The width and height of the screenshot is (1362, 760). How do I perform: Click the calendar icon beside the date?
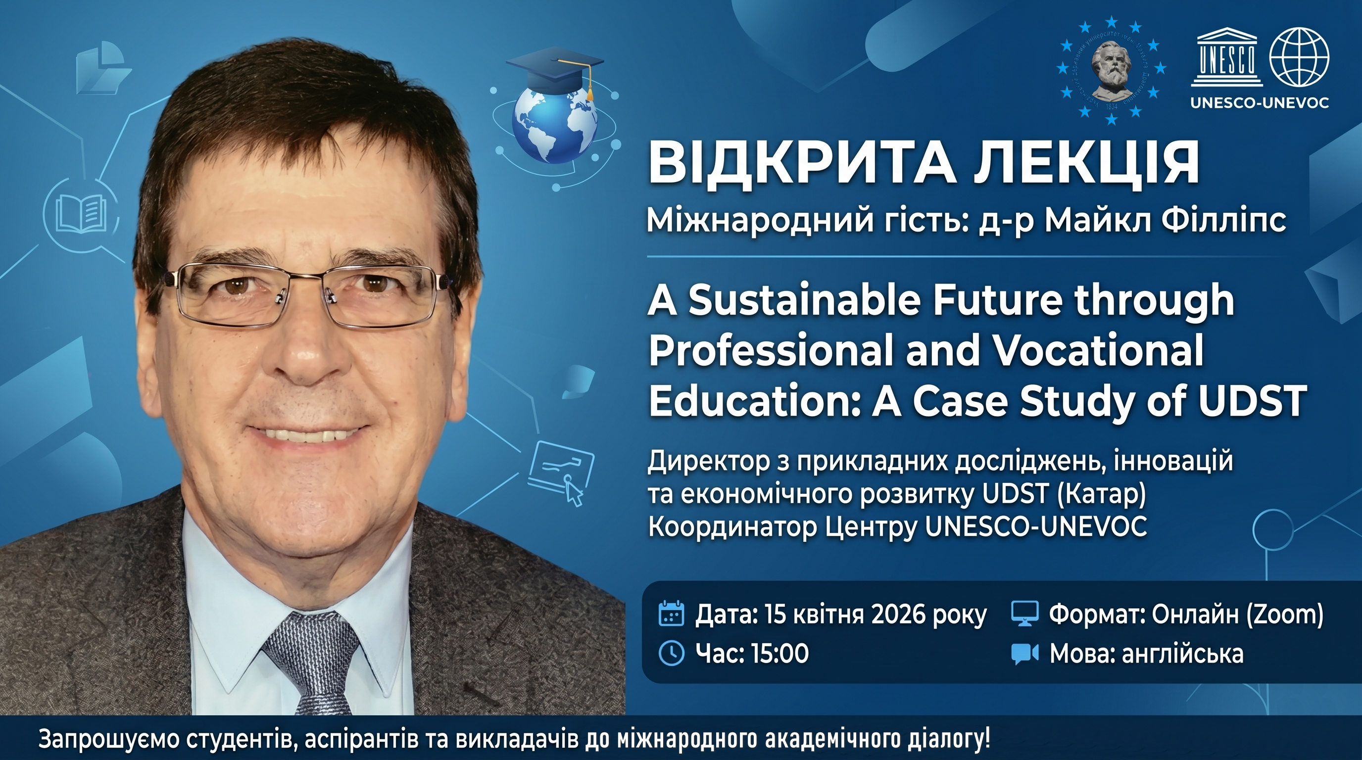click(x=672, y=615)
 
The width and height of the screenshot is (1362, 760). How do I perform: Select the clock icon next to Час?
click(x=672, y=653)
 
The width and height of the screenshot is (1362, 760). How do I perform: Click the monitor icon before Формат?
click(x=1024, y=615)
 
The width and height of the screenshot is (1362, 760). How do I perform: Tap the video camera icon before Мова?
click(x=1024, y=654)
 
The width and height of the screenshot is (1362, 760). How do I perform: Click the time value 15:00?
click(x=778, y=654)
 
